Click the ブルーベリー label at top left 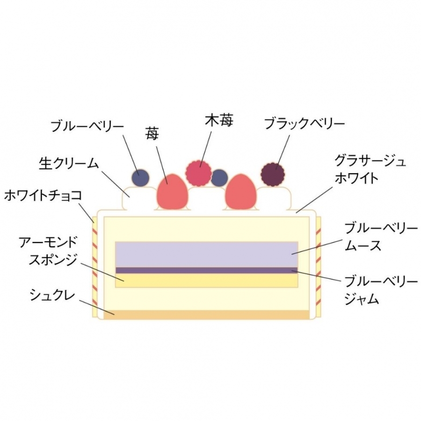tap(87, 126)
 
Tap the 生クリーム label tap(69, 163)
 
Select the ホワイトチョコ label tap(43, 195)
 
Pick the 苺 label tap(152, 134)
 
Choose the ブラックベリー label tap(305, 123)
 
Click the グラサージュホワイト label tap(370, 169)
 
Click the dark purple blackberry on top tap(272, 174)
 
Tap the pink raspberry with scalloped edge tap(198, 172)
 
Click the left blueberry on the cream tap(140, 177)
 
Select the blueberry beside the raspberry tap(219, 178)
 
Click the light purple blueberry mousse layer tap(206, 254)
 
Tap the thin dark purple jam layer tap(206, 270)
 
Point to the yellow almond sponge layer tap(206, 280)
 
